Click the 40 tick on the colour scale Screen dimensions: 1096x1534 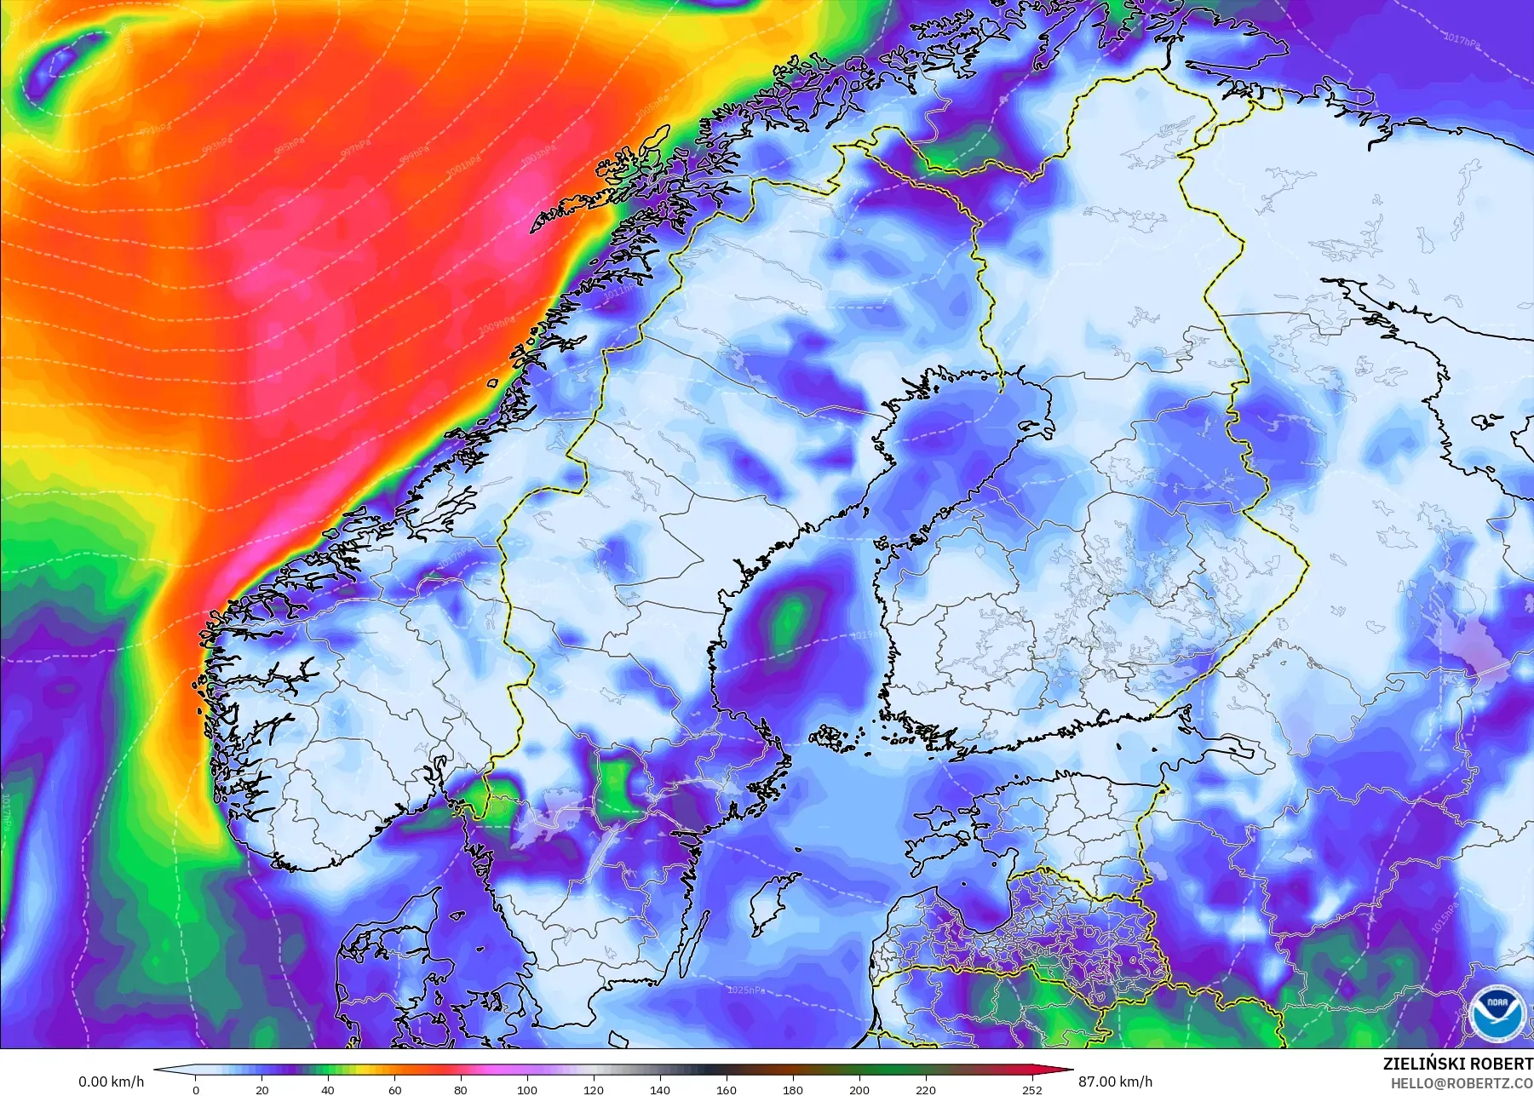pos(328,1089)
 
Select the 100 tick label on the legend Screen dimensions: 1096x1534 pos(527,1089)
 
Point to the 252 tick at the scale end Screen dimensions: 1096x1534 pos(1032,1089)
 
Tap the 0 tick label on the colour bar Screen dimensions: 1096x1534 pos(196,1089)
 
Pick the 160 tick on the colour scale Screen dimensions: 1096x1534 pos(727,1089)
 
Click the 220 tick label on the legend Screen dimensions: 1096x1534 pos(926,1089)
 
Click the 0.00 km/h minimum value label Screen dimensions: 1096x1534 pos(112,1082)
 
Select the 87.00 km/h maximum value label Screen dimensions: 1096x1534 pos(1114,1082)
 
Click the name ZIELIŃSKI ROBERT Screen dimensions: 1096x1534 pos(1457,1064)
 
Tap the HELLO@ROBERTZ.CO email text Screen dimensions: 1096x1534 pos(1462,1083)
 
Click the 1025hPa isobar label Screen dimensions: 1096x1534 pos(745,990)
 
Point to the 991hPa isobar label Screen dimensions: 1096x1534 pos(155,129)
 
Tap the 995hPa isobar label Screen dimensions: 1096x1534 pos(289,145)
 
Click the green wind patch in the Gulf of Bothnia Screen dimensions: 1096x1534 pos(790,619)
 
